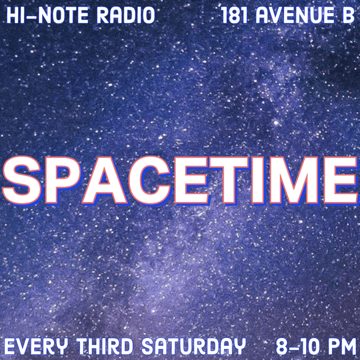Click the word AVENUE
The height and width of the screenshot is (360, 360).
click(x=295, y=15)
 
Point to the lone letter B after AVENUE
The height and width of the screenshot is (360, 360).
click(x=348, y=15)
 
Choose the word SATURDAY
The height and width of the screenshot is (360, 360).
click(x=189, y=345)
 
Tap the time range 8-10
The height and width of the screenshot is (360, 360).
click(x=299, y=345)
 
